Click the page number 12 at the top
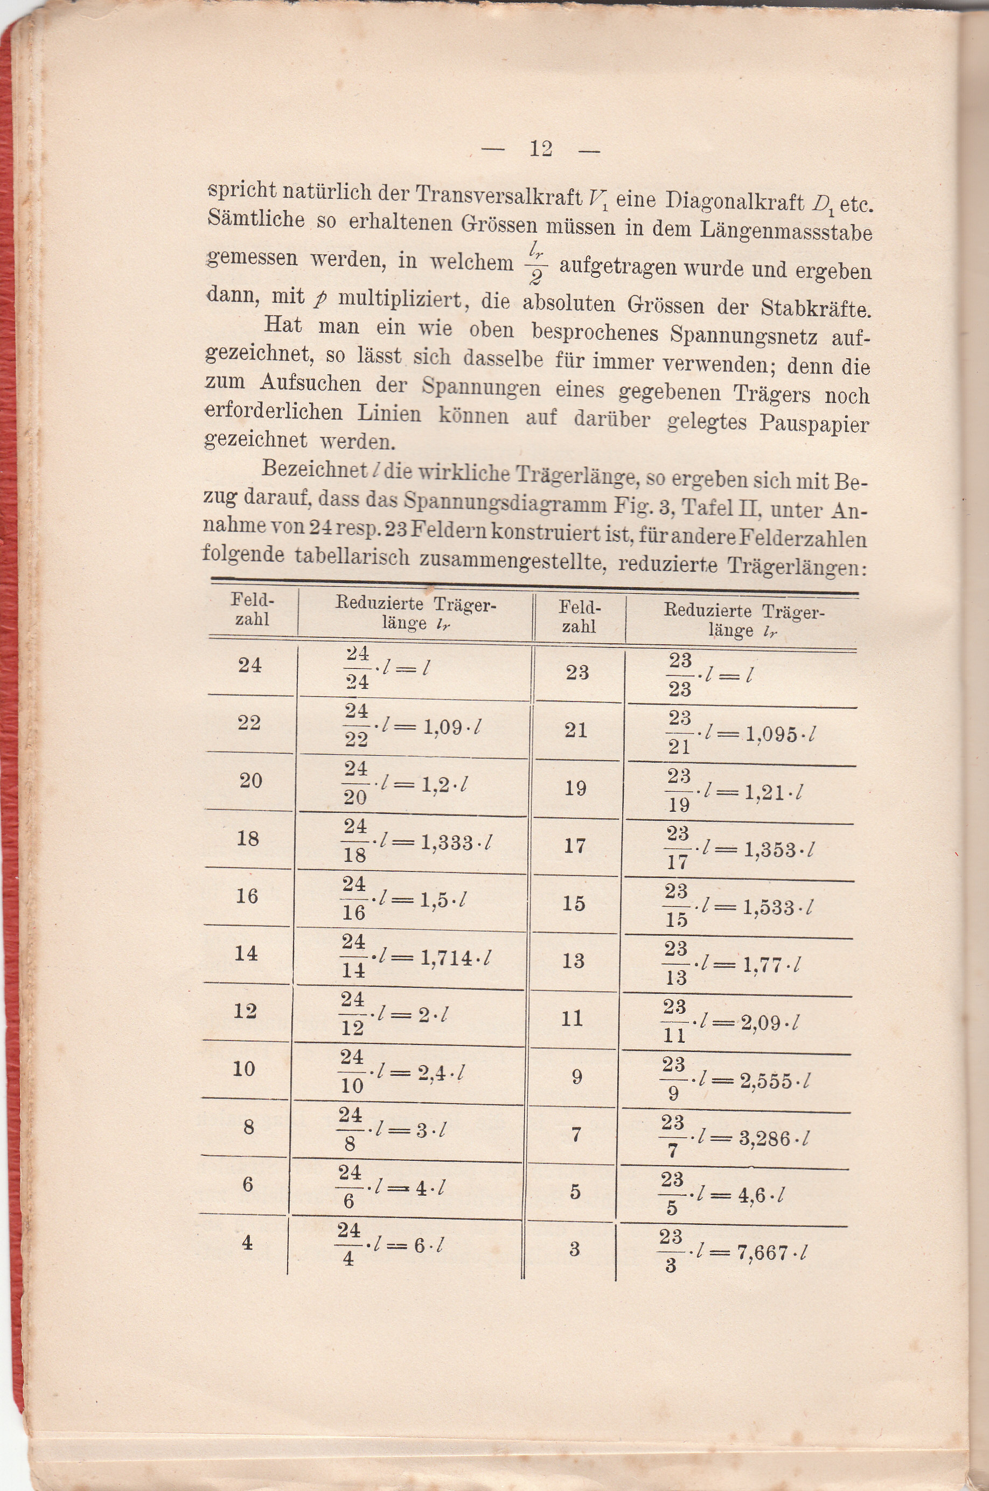pyautogui.click(x=540, y=149)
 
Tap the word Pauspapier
pyautogui.click(x=813, y=423)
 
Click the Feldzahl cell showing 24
pyautogui.click(x=250, y=665)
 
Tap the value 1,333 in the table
pyautogui.click(x=447, y=842)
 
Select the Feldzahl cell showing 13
pyautogui.click(x=573, y=960)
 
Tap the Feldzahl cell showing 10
pyautogui.click(x=244, y=1068)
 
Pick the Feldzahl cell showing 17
pyautogui.click(x=575, y=845)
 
